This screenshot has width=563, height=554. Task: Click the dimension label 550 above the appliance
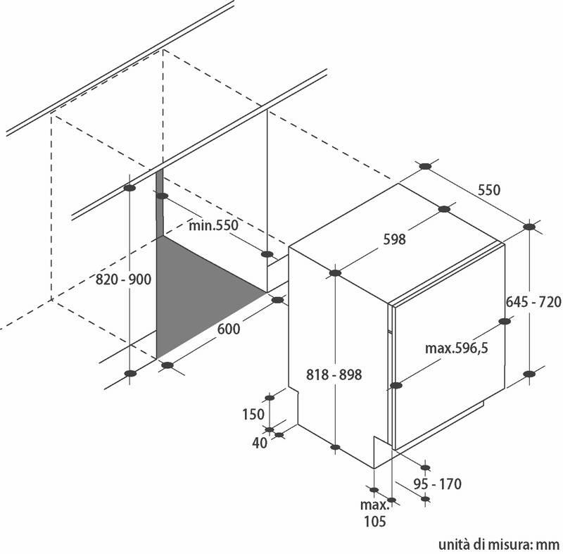(x=488, y=190)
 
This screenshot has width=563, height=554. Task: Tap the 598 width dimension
(x=394, y=239)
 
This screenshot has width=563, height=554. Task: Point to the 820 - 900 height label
(x=124, y=280)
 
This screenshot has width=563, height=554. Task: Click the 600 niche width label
(x=228, y=329)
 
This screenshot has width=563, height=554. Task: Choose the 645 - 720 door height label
(x=533, y=302)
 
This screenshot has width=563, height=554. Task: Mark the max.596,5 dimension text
(x=457, y=348)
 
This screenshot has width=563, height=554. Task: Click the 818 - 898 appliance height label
(x=335, y=375)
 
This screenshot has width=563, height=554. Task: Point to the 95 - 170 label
(x=438, y=484)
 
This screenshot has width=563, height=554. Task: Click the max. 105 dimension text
(x=374, y=513)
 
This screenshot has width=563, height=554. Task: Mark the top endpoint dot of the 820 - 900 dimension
(x=129, y=189)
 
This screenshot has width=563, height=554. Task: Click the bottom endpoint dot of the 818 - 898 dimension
(x=335, y=447)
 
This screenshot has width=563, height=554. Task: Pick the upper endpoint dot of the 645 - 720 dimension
(x=530, y=227)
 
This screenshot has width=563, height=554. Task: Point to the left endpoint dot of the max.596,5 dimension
(x=396, y=385)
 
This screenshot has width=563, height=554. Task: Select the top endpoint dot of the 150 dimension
(x=270, y=398)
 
